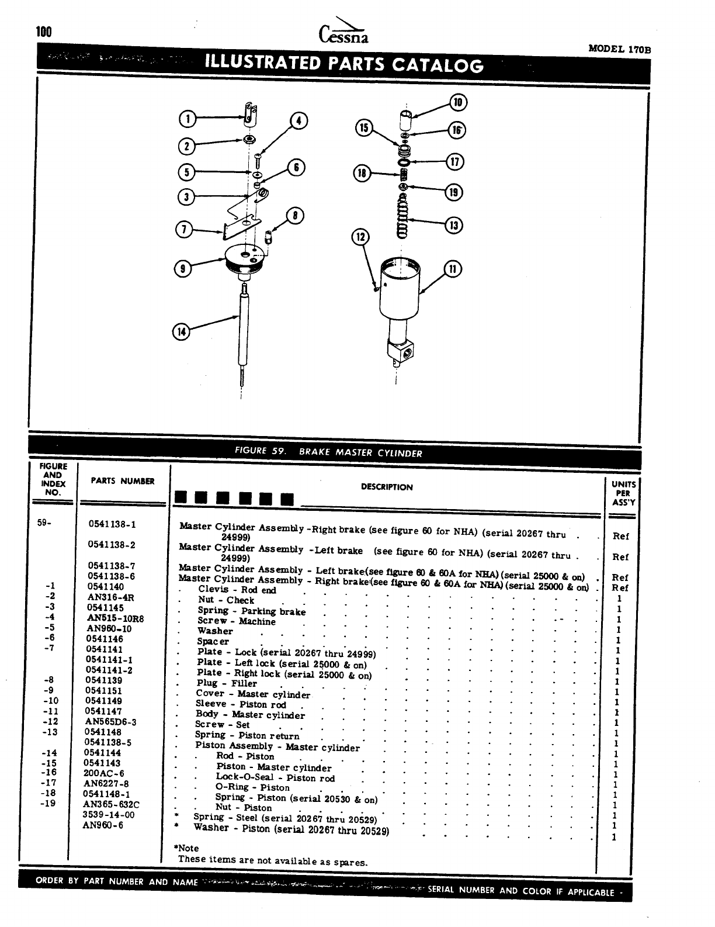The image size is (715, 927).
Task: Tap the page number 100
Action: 44,32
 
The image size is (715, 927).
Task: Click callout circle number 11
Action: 453,269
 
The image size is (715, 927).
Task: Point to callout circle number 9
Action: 183,268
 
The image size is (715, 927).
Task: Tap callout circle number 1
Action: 187,119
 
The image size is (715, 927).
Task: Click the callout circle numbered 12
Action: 360,237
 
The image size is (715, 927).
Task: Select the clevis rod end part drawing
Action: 250,113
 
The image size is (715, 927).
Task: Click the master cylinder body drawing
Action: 398,304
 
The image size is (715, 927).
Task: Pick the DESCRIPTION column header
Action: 387,487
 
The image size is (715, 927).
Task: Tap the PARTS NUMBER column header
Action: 123,481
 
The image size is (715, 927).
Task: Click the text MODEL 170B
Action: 619,49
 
